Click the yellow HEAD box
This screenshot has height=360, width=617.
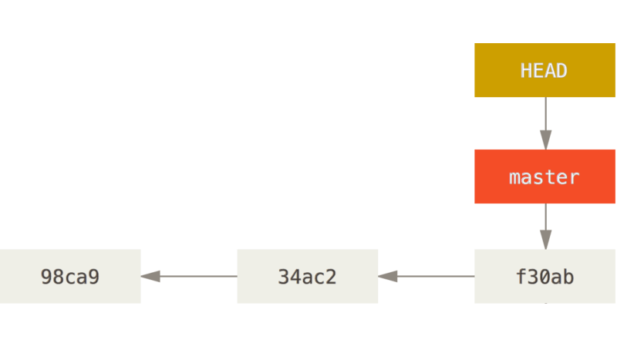[x=545, y=70]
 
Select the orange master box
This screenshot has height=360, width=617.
[x=545, y=177]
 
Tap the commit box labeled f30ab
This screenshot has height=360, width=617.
[x=545, y=276]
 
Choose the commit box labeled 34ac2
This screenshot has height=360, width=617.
[x=307, y=276]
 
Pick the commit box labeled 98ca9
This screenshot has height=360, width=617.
[x=70, y=276]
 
